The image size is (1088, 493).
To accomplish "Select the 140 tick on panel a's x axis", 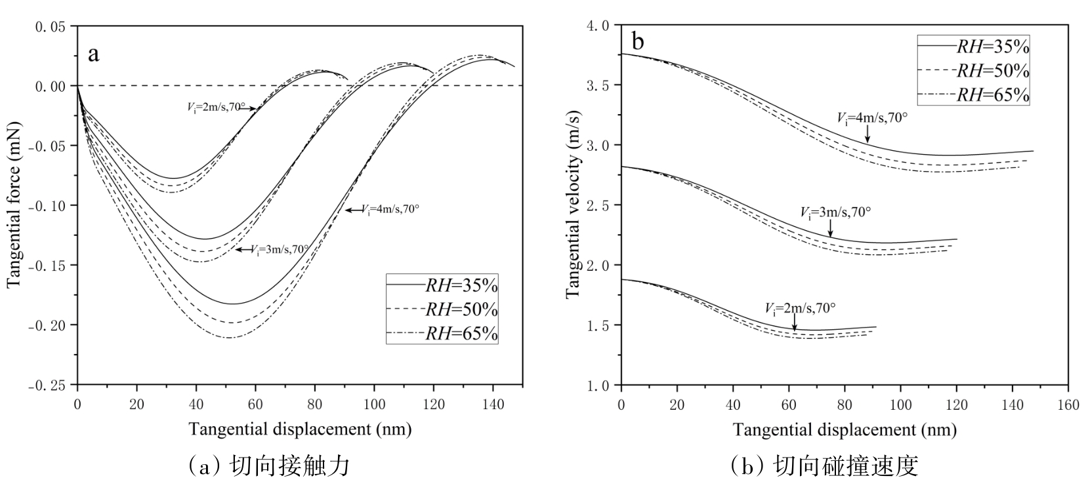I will [493, 404].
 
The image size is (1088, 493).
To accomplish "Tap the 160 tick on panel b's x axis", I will [1069, 404].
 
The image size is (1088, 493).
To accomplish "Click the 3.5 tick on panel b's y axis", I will [598, 85].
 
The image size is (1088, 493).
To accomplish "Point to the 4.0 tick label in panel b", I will [598, 26].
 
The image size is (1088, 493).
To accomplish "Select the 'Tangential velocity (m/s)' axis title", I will [572, 205].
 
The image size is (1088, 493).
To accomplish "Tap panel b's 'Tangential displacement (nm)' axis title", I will [845, 430].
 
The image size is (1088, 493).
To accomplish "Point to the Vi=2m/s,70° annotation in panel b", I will [800, 307].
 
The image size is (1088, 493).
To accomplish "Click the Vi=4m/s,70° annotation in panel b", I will [872, 118].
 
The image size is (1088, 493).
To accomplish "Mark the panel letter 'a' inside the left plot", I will [94, 53].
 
